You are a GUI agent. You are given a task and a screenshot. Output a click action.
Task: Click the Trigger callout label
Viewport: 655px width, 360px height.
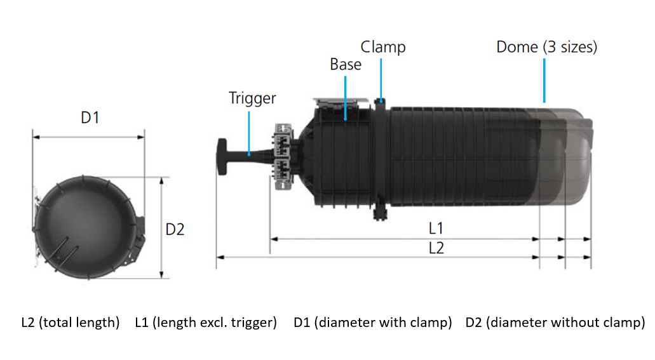pyautogui.click(x=252, y=98)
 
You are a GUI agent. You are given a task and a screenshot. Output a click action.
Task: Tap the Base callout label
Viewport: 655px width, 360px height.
pyautogui.click(x=346, y=64)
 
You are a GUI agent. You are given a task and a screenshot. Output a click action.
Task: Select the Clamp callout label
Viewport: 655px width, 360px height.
pyautogui.click(x=383, y=47)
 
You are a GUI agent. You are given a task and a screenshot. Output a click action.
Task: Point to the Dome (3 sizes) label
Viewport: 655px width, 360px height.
pyautogui.click(x=547, y=47)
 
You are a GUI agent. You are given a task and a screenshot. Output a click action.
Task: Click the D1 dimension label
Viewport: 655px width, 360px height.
pyautogui.click(x=90, y=117)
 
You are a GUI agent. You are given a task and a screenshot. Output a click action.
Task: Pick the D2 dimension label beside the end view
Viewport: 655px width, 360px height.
pyautogui.click(x=175, y=229)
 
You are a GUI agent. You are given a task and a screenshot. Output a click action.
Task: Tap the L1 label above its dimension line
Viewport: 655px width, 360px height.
pyautogui.click(x=436, y=228)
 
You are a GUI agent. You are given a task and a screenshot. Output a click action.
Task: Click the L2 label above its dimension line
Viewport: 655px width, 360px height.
pyautogui.click(x=436, y=248)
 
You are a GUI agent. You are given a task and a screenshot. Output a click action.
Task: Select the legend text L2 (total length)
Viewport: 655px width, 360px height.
pyautogui.click(x=70, y=323)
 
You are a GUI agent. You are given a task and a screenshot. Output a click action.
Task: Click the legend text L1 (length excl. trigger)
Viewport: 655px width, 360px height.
pyautogui.click(x=206, y=323)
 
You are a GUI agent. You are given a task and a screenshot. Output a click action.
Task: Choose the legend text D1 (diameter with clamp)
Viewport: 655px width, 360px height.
pyautogui.click(x=373, y=323)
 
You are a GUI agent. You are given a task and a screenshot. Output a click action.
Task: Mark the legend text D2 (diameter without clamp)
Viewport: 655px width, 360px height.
pyautogui.click(x=555, y=323)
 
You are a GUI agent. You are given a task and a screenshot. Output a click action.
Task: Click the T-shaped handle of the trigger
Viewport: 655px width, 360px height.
pyautogui.click(x=222, y=157)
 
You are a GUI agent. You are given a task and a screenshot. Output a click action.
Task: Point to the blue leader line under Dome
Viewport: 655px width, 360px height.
pyautogui.click(x=544, y=81)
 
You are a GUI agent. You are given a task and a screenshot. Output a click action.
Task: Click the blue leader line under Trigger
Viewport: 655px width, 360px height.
pyautogui.click(x=249, y=133)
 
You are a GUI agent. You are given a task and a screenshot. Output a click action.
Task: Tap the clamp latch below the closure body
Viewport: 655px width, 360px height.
pyautogui.click(x=380, y=211)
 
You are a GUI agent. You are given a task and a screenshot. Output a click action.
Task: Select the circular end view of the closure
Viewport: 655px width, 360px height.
pyautogui.click(x=88, y=227)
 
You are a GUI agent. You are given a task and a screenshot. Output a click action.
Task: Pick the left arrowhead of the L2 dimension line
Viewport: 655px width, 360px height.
pyautogui.click(x=220, y=257)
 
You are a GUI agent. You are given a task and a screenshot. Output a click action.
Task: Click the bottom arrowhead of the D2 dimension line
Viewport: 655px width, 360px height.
pyautogui.click(x=161, y=274)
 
